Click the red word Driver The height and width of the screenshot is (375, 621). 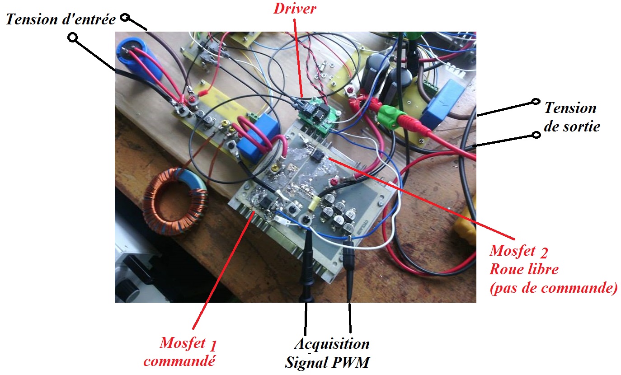[x=294, y=9]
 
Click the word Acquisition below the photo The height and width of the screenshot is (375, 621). [x=332, y=344]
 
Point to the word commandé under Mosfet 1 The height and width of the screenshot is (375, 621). [x=179, y=361]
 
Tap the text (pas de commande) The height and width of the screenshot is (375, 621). [x=553, y=288]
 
